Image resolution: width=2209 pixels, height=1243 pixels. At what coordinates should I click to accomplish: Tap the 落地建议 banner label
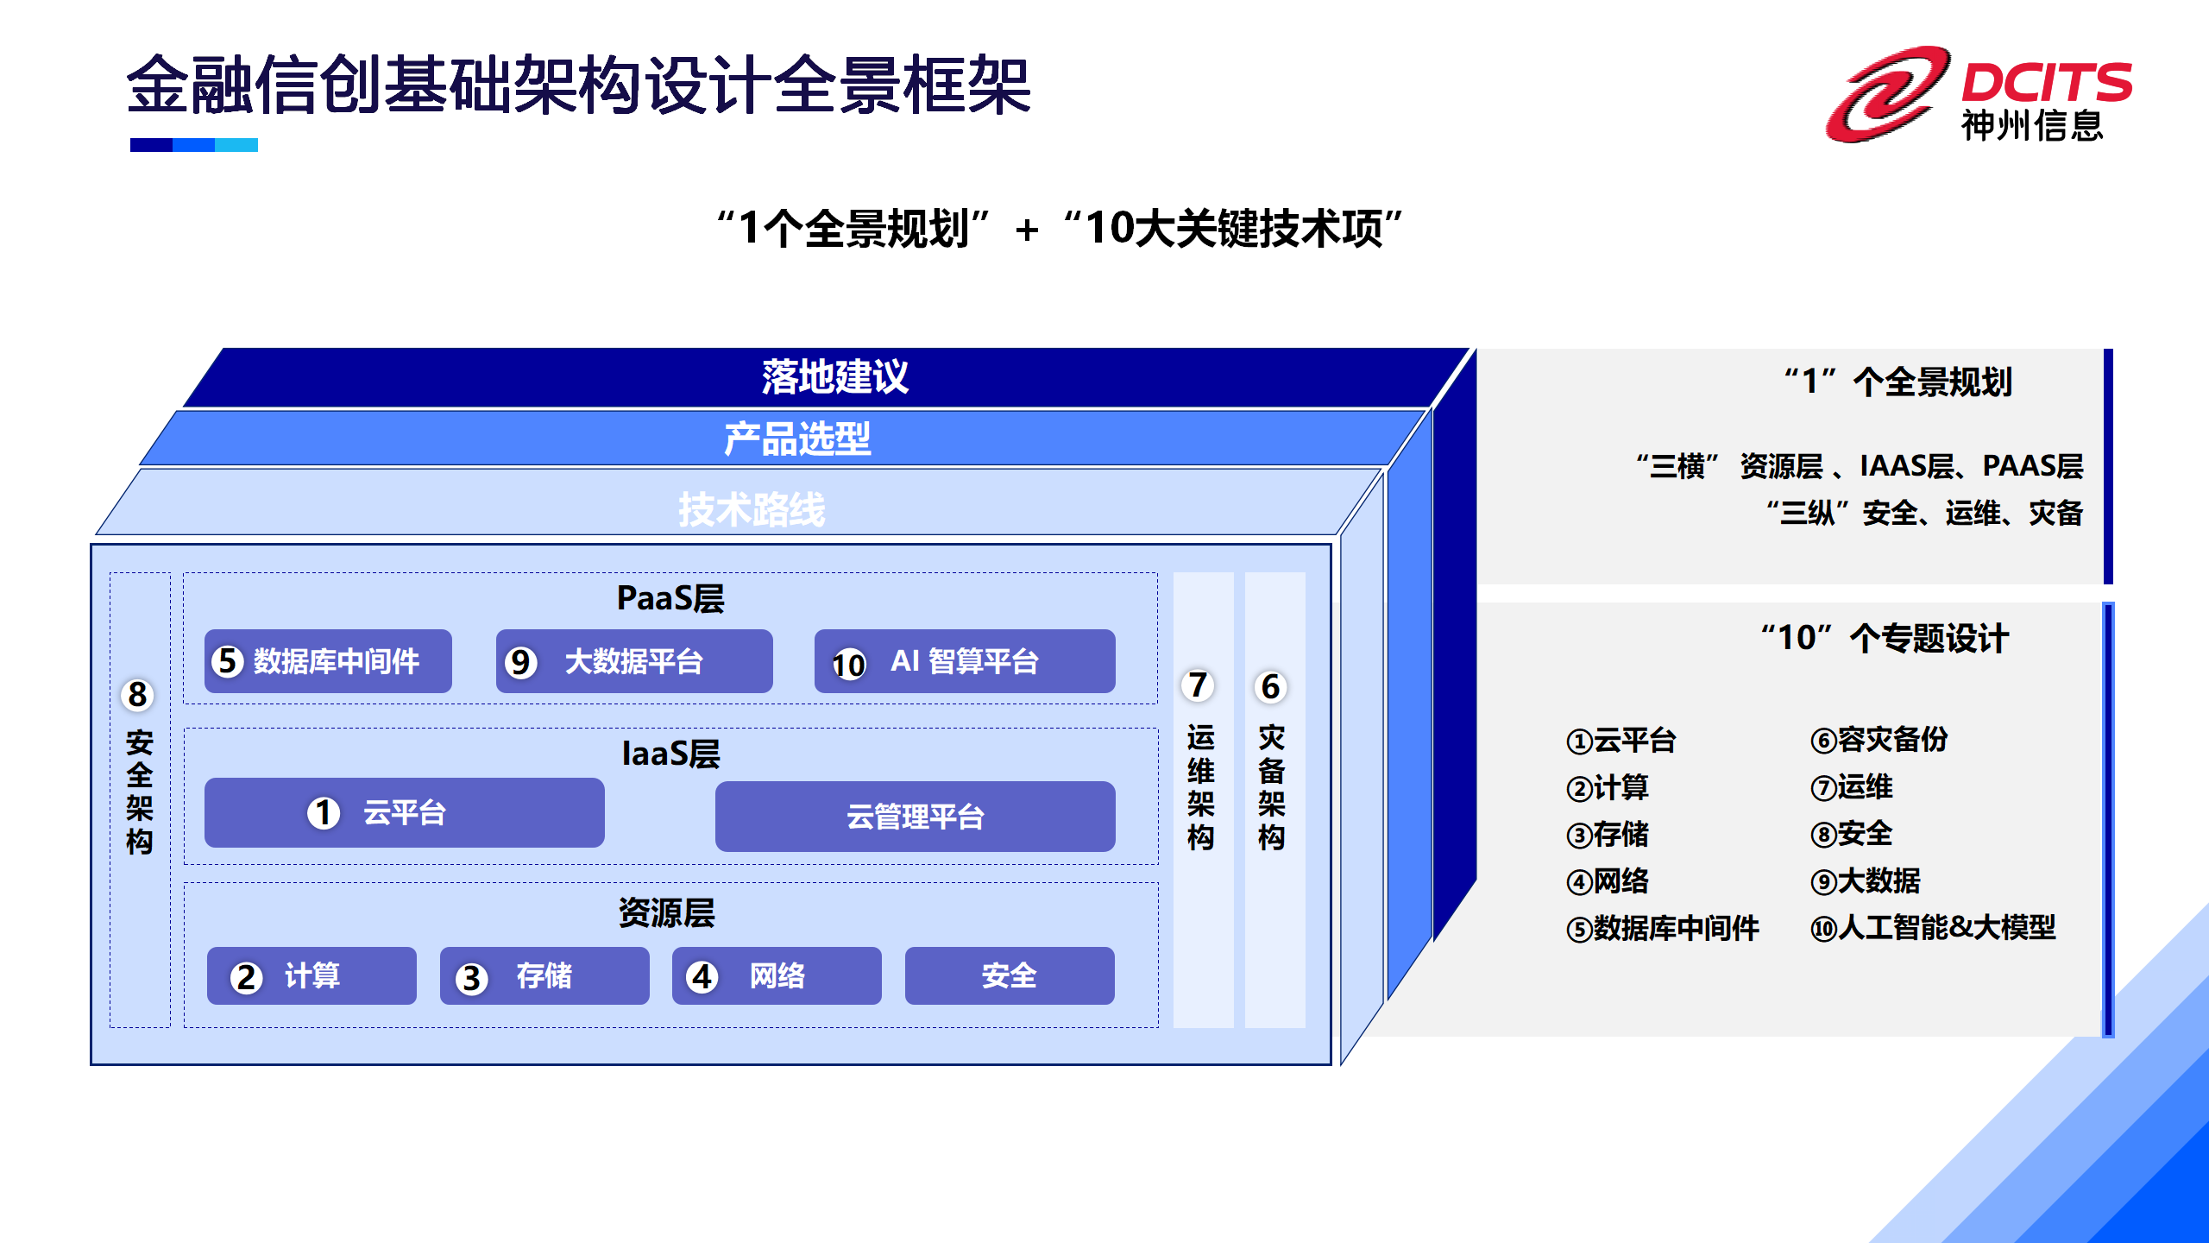(x=834, y=377)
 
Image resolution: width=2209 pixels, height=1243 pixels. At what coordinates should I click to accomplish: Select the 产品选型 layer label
(x=797, y=439)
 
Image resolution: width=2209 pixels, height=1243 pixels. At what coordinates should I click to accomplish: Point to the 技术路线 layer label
(x=752, y=509)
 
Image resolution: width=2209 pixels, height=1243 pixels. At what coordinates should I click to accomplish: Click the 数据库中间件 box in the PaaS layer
(x=328, y=661)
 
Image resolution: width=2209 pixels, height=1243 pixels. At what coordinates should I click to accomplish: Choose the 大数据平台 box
(x=634, y=661)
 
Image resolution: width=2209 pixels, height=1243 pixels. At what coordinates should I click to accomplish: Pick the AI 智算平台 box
(x=965, y=661)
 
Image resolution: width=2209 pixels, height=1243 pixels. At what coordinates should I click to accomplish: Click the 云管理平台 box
(x=915, y=817)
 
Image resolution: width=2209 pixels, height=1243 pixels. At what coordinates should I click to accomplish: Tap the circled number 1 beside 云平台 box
(x=324, y=812)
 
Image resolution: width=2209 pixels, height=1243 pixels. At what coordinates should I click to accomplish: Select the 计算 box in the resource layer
(x=312, y=976)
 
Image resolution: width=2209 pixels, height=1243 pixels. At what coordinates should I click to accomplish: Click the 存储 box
(x=544, y=976)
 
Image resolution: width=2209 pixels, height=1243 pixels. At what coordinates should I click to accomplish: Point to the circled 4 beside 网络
(x=702, y=977)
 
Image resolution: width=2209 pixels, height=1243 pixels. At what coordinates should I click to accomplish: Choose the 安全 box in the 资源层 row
(x=1009, y=976)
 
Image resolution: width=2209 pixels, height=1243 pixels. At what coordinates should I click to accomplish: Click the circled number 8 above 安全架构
(x=138, y=695)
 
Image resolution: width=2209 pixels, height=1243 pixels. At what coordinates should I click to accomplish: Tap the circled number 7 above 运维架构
(x=1198, y=686)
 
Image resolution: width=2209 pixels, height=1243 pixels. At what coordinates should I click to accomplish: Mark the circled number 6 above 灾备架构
(x=1270, y=688)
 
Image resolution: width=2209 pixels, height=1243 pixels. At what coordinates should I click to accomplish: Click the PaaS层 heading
(x=670, y=598)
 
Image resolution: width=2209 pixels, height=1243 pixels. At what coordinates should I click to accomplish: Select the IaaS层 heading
(x=670, y=754)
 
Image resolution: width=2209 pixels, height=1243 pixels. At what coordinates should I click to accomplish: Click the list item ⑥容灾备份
(x=1879, y=740)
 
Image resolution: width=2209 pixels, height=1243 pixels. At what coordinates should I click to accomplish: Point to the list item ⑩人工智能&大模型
(x=1933, y=928)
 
